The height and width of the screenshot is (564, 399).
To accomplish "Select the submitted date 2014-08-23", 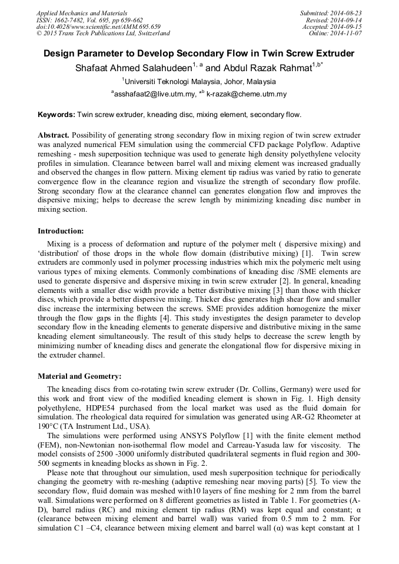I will [346, 12].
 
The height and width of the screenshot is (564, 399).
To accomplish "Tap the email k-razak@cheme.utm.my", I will [247, 94].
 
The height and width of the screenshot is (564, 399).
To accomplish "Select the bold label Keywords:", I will [56, 115].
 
